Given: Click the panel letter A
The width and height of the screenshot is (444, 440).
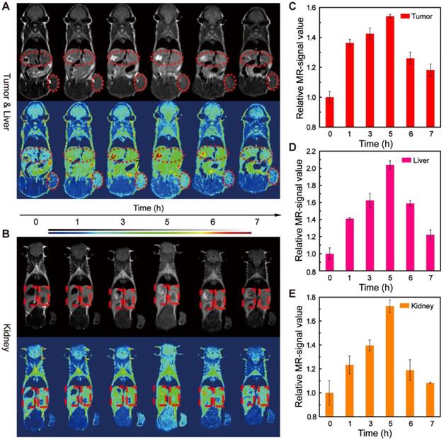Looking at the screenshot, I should pos(6,6).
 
